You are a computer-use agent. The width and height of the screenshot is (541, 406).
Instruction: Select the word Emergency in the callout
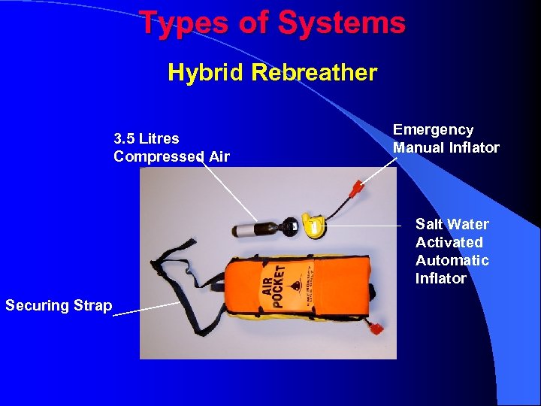(433, 130)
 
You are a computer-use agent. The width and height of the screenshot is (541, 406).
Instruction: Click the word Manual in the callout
(418, 147)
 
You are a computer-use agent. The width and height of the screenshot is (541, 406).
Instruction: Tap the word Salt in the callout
(429, 224)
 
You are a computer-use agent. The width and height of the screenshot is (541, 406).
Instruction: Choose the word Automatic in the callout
(452, 260)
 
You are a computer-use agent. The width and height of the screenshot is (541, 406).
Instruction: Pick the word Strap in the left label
(94, 305)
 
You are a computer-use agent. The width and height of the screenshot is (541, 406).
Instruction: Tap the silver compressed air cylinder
(246, 229)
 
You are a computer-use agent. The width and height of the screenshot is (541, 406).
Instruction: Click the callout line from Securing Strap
(147, 309)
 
